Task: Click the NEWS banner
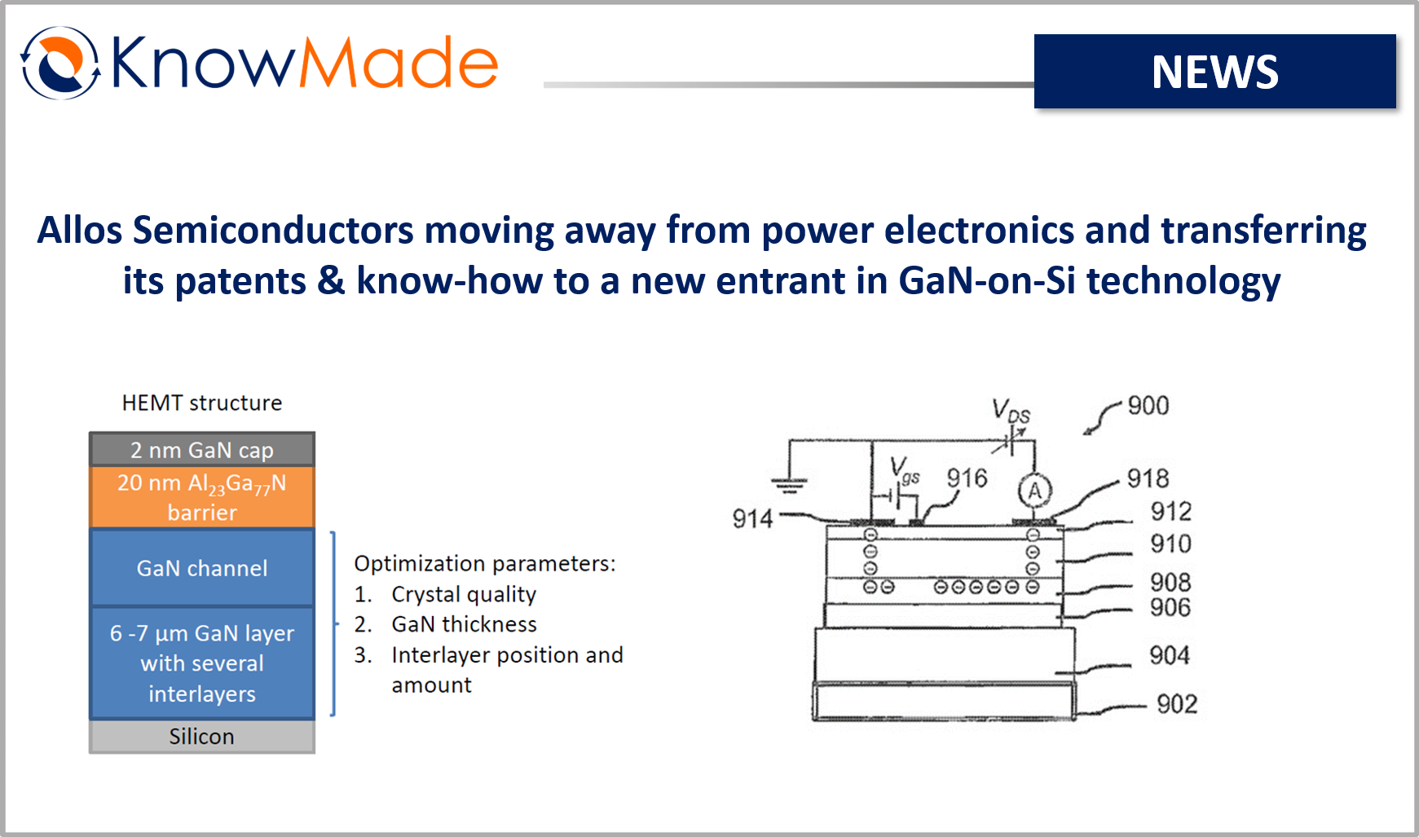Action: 1214,72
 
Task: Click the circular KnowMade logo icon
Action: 59,63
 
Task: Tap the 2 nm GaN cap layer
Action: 202,449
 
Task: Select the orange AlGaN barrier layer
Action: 202,497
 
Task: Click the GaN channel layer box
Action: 202,568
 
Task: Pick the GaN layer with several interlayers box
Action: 202,663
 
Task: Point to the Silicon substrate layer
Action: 202,736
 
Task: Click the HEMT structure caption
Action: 202,403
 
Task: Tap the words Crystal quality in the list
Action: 464,595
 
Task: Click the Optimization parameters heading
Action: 485,564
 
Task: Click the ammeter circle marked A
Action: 1035,491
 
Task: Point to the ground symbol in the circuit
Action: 788,485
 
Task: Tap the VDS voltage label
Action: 1011,411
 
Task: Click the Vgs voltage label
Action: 905,470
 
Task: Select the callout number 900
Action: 1148,405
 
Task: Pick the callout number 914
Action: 752,518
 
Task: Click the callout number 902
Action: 1177,704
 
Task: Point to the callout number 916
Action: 967,478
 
